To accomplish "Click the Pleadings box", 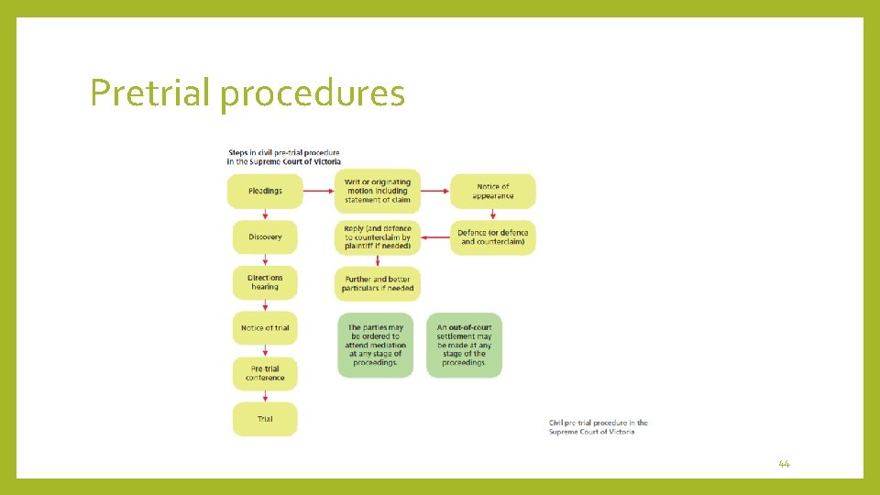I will click(265, 192).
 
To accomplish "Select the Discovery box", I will click(265, 237).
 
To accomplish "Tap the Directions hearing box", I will click(265, 282).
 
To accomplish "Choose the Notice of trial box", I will click(265, 328).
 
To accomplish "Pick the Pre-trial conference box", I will click(265, 373).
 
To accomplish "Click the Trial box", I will click(265, 419).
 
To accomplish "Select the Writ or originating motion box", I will click(378, 192).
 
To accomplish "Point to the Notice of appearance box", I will click(492, 192).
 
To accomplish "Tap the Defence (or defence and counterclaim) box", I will click(492, 237).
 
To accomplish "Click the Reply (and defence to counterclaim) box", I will click(378, 237).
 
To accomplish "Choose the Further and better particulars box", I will click(378, 283).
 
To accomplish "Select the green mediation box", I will click(375, 345).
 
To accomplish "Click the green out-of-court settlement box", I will click(464, 345).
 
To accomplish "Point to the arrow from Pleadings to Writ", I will click(317, 192).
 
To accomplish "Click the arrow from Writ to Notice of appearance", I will click(435, 192).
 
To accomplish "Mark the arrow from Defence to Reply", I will click(435, 237).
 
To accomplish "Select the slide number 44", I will click(784, 465).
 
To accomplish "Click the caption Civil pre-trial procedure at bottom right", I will click(598, 427).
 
